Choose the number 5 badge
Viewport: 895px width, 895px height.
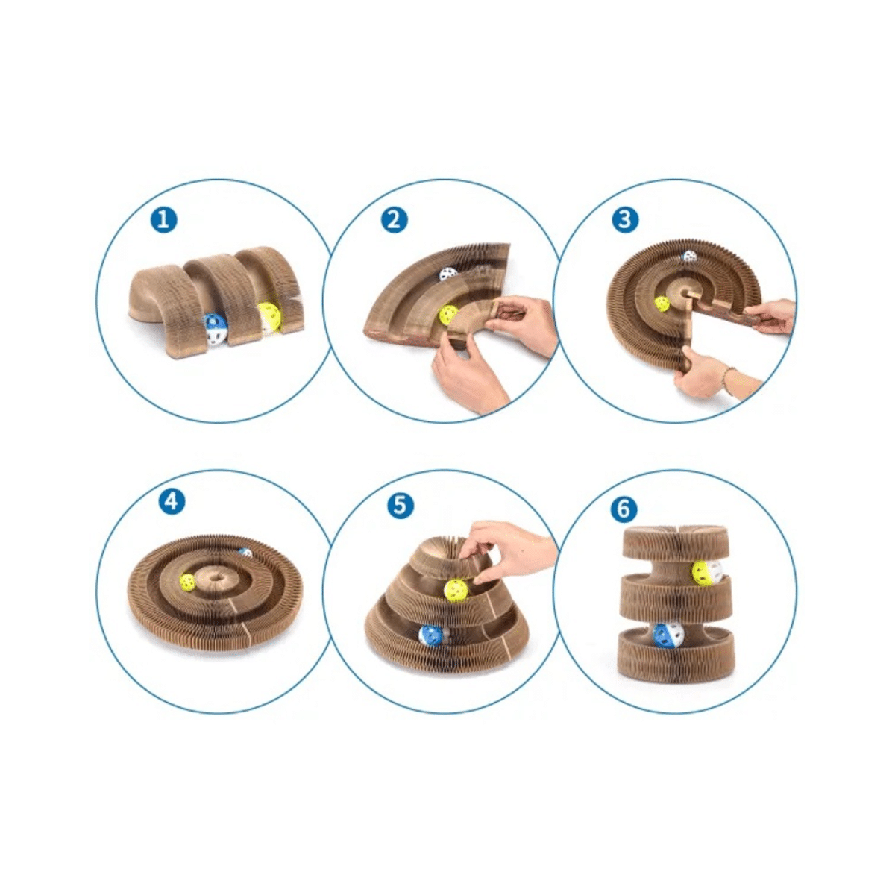pyautogui.click(x=401, y=506)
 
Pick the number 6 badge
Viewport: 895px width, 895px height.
pyautogui.click(x=624, y=509)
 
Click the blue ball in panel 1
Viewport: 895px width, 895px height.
pyautogui.click(x=215, y=330)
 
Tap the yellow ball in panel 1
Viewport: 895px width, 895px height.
pyautogui.click(x=270, y=316)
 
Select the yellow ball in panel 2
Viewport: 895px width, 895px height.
pyautogui.click(x=448, y=315)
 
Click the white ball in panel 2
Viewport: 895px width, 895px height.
pyautogui.click(x=448, y=274)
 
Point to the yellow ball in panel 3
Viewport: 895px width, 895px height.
pyautogui.click(x=662, y=304)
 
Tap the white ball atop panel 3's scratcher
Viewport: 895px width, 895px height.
pyautogui.click(x=690, y=256)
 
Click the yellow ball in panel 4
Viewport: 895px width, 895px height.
pyautogui.click(x=189, y=582)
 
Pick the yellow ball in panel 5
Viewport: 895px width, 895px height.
pyautogui.click(x=455, y=590)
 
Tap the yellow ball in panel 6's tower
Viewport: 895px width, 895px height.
pyautogui.click(x=706, y=572)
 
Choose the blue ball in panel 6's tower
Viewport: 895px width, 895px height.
pyautogui.click(x=668, y=635)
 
